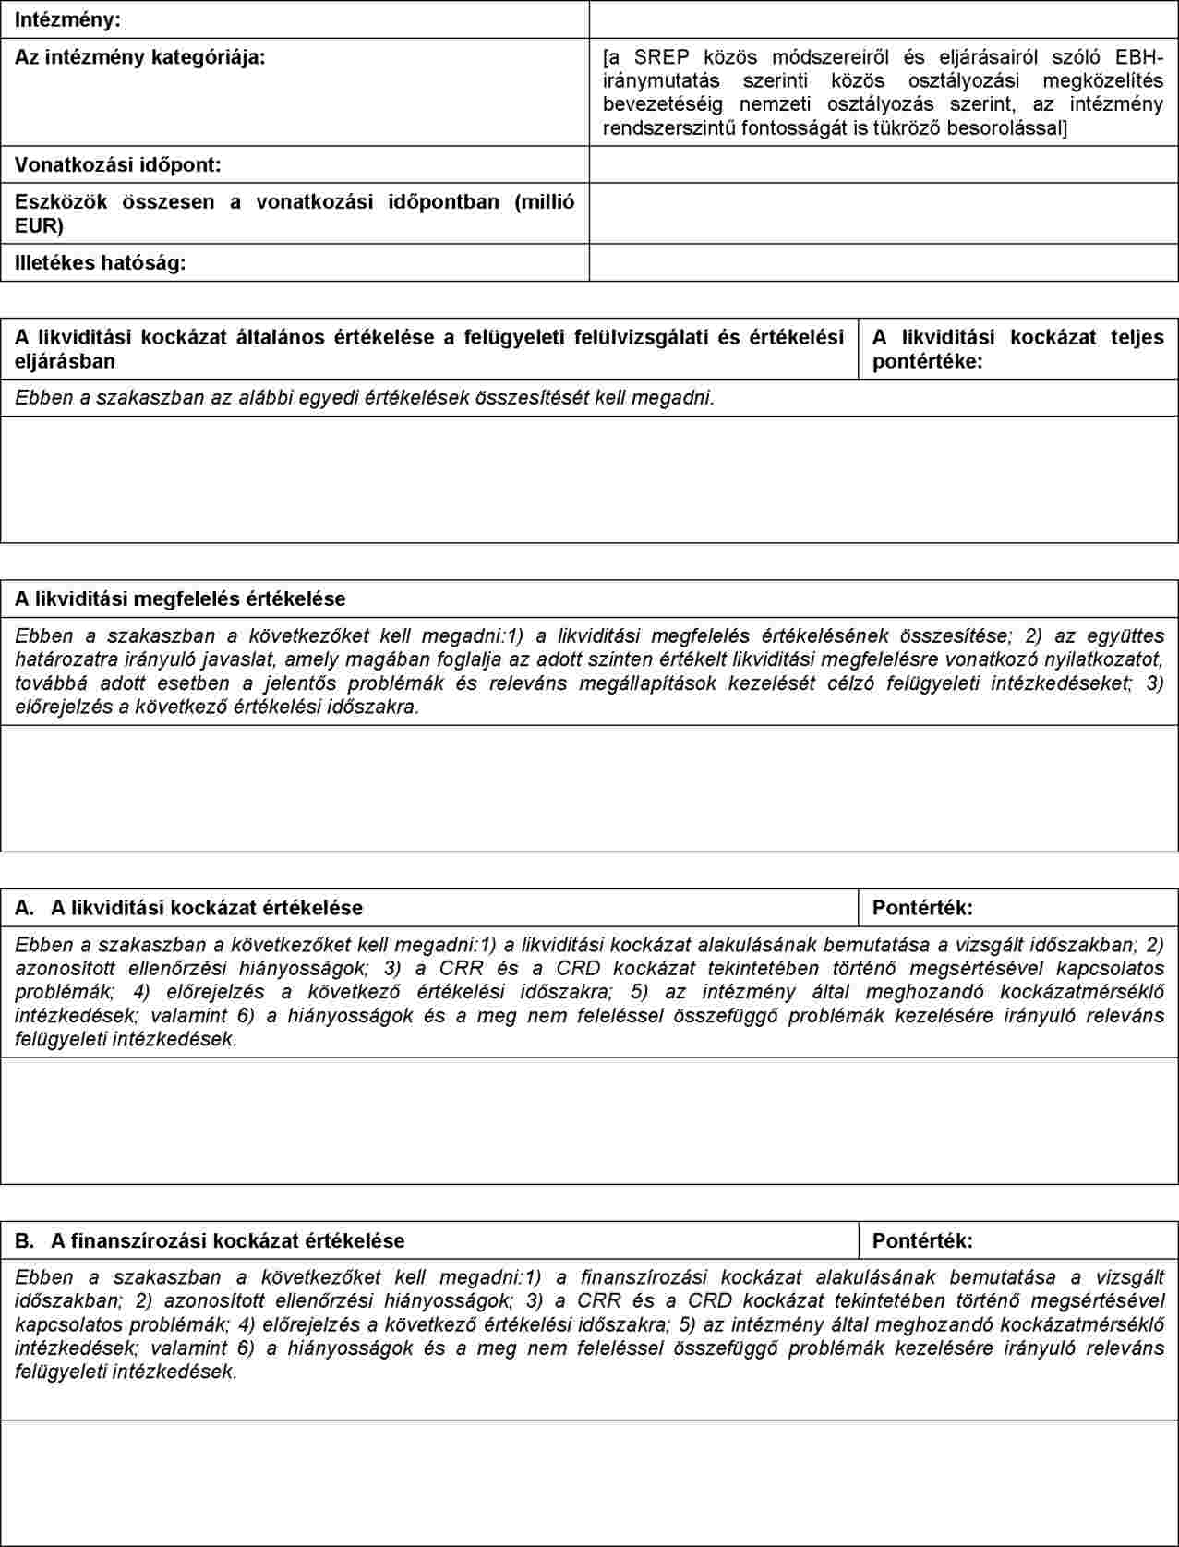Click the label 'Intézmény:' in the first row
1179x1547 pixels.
click(67, 19)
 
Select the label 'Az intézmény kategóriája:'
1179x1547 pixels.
click(139, 57)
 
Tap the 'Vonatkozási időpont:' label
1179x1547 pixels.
click(117, 165)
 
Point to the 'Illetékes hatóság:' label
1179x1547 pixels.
click(100, 263)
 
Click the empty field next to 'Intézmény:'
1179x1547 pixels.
click(884, 19)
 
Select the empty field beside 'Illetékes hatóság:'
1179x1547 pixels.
click(884, 263)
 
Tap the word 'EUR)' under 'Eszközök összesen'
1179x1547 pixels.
click(39, 226)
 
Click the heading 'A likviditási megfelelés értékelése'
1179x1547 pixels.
click(180, 598)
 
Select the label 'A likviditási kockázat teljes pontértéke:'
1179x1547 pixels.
click(1017, 349)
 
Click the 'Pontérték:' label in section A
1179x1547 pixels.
click(922, 908)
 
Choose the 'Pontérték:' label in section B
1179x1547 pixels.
click(922, 1240)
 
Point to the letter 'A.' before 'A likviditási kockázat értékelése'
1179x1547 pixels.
click(25, 908)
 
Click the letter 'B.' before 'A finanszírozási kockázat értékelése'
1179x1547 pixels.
click(25, 1240)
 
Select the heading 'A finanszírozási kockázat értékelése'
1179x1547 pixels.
click(227, 1240)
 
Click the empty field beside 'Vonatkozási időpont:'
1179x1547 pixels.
click(884, 165)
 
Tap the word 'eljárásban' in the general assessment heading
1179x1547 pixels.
click(65, 361)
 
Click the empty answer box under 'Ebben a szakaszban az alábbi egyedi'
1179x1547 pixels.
click(589, 478)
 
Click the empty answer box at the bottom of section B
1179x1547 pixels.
click(589, 1481)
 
